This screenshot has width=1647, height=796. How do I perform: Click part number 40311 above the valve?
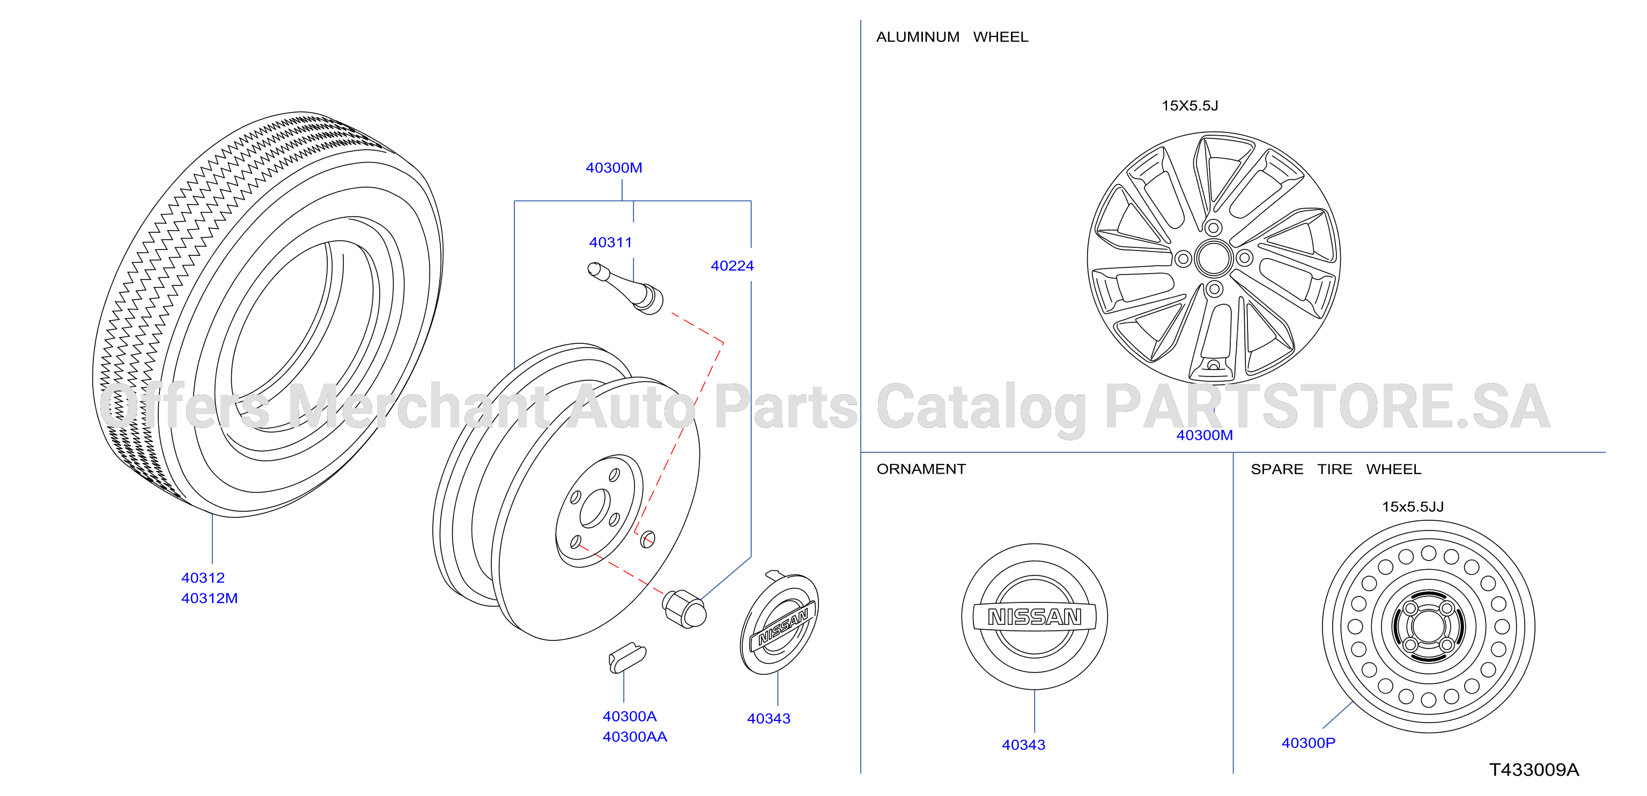click(x=611, y=242)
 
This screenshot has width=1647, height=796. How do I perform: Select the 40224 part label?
click(x=732, y=266)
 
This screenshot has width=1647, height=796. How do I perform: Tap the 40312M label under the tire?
click(x=209, y=599)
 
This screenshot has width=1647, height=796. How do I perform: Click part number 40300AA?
click(x=634, y=736)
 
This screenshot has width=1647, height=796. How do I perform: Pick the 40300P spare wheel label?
click(x=1308, y=743)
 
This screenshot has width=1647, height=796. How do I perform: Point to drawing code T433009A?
click(x=1534, y=770)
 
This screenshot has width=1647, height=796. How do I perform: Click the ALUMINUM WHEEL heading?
click(x=952, y=37)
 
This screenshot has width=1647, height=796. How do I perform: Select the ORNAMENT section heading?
click(x=921, y=469)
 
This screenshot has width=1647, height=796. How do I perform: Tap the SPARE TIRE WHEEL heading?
click(x=1335, y=469)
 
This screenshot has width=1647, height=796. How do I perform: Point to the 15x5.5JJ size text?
click(x=1412, y=507)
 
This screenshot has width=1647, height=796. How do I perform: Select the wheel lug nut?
click(x=684, y=609)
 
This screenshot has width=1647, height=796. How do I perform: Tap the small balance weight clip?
click(x=626, y=658)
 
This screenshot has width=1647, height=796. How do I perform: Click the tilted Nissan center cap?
click(x=779, y=623)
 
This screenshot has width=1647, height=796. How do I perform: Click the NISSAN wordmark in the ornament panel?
click(x=1035, y=616)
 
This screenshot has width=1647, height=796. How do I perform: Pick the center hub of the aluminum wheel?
click(x=1213, y=259)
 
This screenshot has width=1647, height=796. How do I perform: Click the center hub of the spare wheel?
click(x=1428, y=627)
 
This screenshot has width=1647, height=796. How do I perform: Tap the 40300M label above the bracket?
click(x=614, y=167)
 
